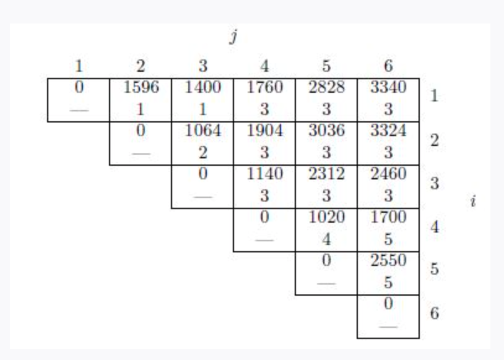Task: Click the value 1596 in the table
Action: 141,88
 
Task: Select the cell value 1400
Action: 202,88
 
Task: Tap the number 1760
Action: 264,88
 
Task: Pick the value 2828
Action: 326,88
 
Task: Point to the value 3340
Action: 388,88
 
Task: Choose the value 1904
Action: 264,131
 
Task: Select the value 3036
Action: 326,131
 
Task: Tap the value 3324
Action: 388,131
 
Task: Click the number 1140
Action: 264,174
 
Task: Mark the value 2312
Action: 326,174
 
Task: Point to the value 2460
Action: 388,174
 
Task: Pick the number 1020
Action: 326,218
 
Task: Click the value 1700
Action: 388,218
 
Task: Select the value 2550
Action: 388,261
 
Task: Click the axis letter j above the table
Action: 233,37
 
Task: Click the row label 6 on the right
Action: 434,314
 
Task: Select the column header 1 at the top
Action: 79,66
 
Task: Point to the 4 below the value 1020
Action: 326,239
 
